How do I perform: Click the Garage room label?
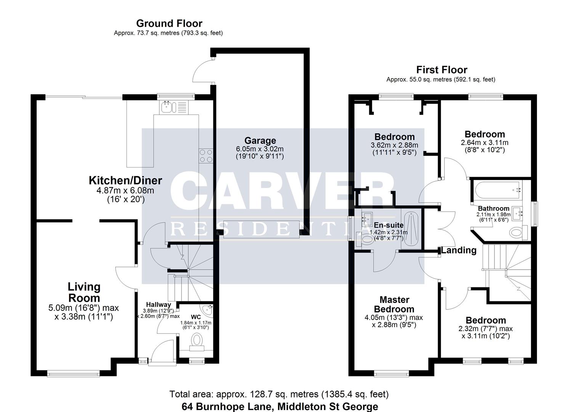click(260, 140)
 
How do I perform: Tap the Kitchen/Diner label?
click(125, 180)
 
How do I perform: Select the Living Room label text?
click(84, 292)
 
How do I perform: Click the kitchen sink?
click(168, 107)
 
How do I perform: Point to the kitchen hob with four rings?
click(206, 156)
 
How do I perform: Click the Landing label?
click(459, 250)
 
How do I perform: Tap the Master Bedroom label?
click(394, 304)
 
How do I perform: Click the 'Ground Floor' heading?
click(169, 24)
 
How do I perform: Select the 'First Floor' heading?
click(441, 70)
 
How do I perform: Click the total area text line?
click(279, 394)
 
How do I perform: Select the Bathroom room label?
click(494, 208)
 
